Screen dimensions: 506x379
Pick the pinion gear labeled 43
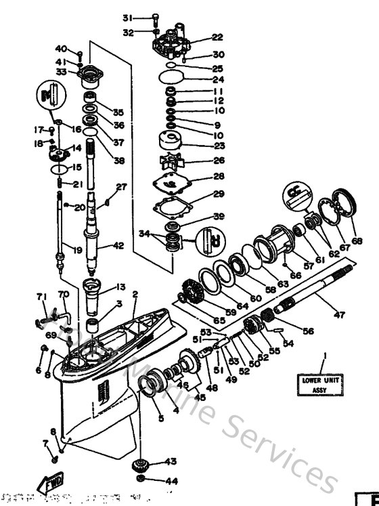pyautogui.click(x=142, y=463)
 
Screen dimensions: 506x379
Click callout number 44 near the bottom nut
pyautogui.click(x=171, y=481)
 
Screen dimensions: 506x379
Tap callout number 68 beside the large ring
pyautogui.click(x=357, y=240)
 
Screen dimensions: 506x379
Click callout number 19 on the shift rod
pyautogui.click(x=78, y=250)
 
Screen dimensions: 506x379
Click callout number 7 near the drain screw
pyautogui.click(x=46, y=443)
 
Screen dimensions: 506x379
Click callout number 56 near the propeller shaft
pyautogui.click(x=308, y=331)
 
